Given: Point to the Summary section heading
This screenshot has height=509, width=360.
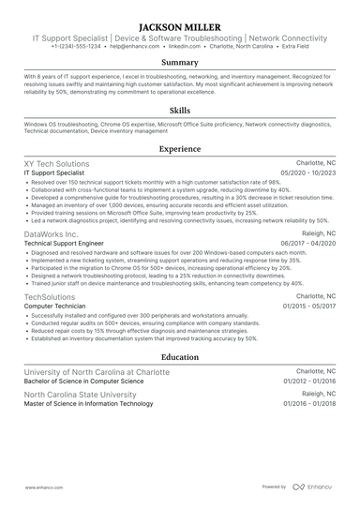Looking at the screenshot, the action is tap(180, 62).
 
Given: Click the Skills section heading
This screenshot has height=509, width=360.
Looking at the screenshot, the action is tap(180, 110).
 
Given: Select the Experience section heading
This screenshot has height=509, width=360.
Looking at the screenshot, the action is tap(180, 148).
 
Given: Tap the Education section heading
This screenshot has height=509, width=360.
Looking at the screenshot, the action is tap(180, 357).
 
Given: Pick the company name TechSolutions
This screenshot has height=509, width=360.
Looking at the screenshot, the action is tap(51, 296).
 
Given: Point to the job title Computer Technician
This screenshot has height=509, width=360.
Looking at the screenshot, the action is tap(55, 307).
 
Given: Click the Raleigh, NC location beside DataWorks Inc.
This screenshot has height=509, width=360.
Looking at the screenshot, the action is tap(318, 232).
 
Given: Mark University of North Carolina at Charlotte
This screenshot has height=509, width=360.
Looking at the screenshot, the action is tap(97, 372).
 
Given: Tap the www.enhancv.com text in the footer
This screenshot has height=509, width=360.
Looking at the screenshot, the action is tap(43, 487).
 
